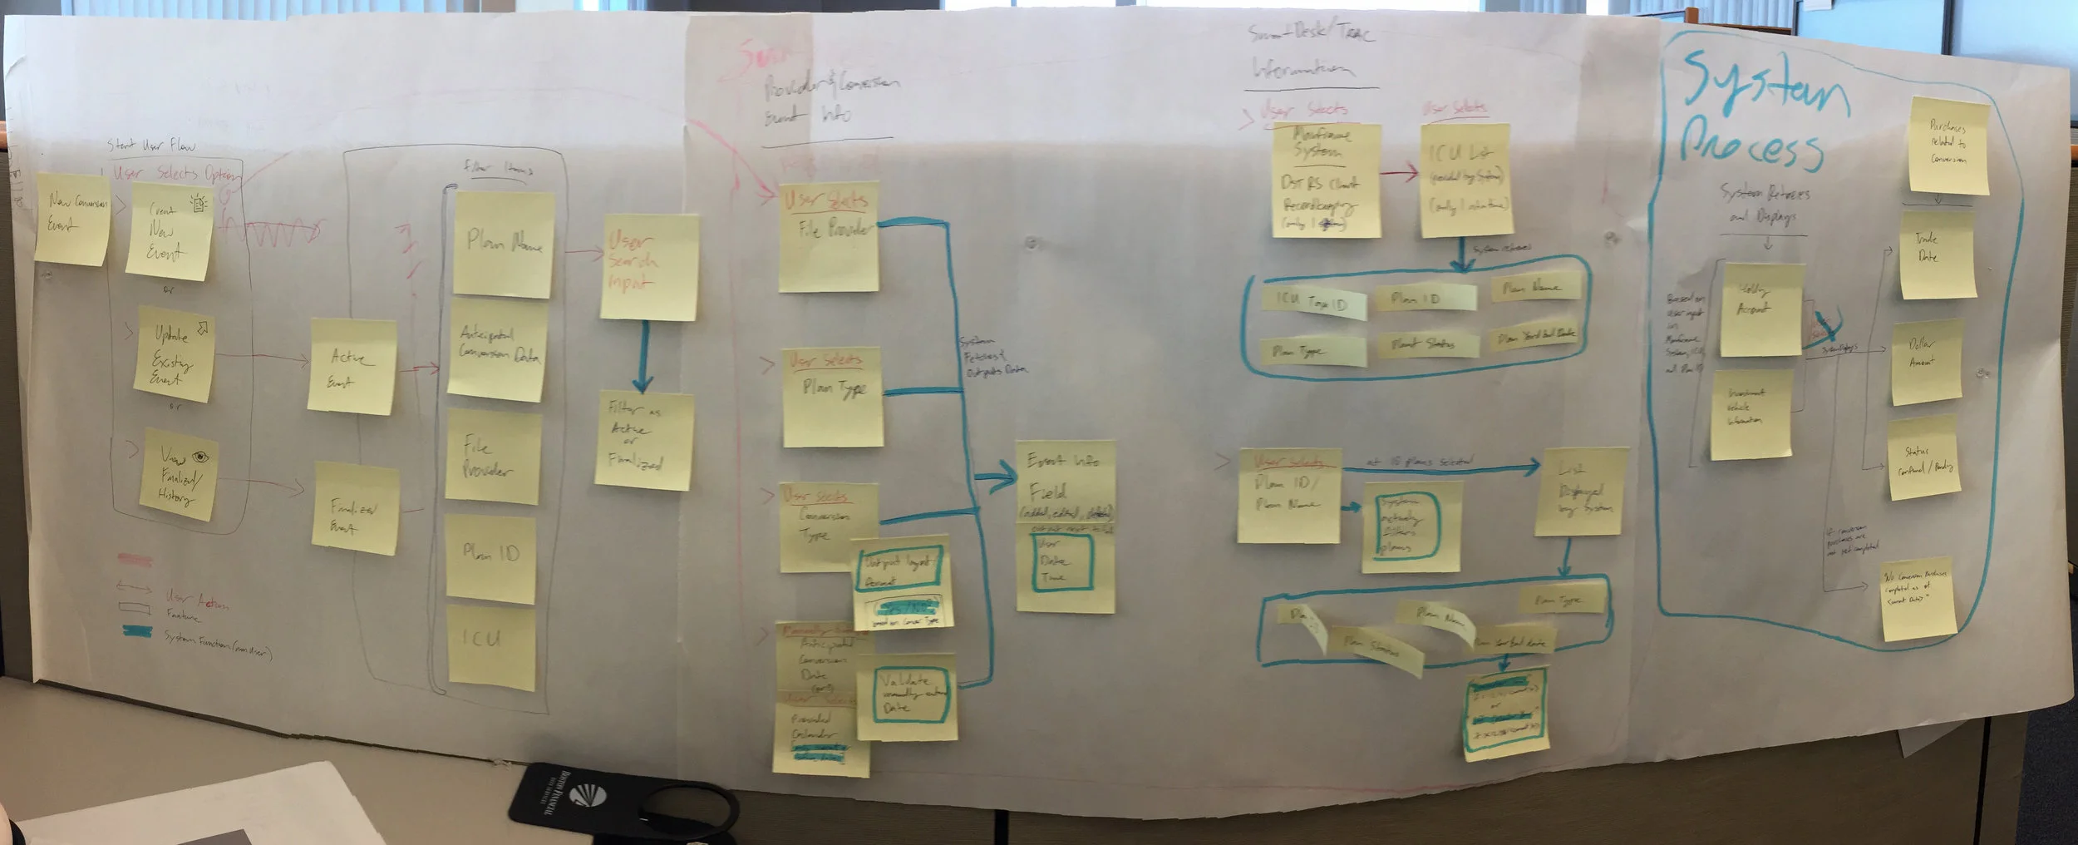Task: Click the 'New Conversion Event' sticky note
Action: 73,219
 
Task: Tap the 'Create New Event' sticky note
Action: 169,231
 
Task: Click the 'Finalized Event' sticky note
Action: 354,509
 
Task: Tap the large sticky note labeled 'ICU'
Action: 491,646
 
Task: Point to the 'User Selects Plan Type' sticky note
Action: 832,398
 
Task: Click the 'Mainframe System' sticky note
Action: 1326,180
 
